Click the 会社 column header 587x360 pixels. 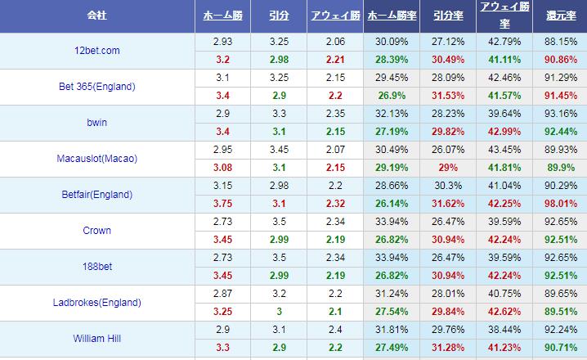pos(97,16)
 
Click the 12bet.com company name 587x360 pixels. pos(97,51)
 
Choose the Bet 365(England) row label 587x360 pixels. pos(97,87)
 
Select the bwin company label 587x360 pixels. pos(97,123)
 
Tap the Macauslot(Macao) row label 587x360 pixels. pos(97,159)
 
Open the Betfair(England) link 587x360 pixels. pos(97,195)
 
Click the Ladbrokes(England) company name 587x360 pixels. pos(97,303)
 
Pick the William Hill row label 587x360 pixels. pos(97,339)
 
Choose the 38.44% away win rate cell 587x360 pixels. pos(503,330)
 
